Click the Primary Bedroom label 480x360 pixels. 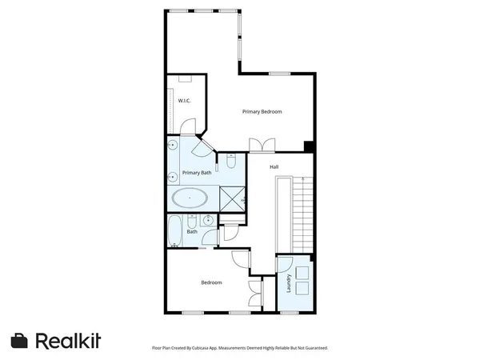262,112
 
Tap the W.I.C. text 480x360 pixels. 183,101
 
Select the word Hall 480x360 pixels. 274,166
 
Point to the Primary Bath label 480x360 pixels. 197,173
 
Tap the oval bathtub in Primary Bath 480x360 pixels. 190,198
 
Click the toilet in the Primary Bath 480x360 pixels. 230,163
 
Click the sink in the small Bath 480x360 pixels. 206,220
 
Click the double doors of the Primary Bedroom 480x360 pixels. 262,145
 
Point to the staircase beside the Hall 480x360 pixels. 300,214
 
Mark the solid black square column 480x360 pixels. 308,145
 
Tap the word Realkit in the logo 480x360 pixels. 68,341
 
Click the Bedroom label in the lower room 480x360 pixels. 211,282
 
